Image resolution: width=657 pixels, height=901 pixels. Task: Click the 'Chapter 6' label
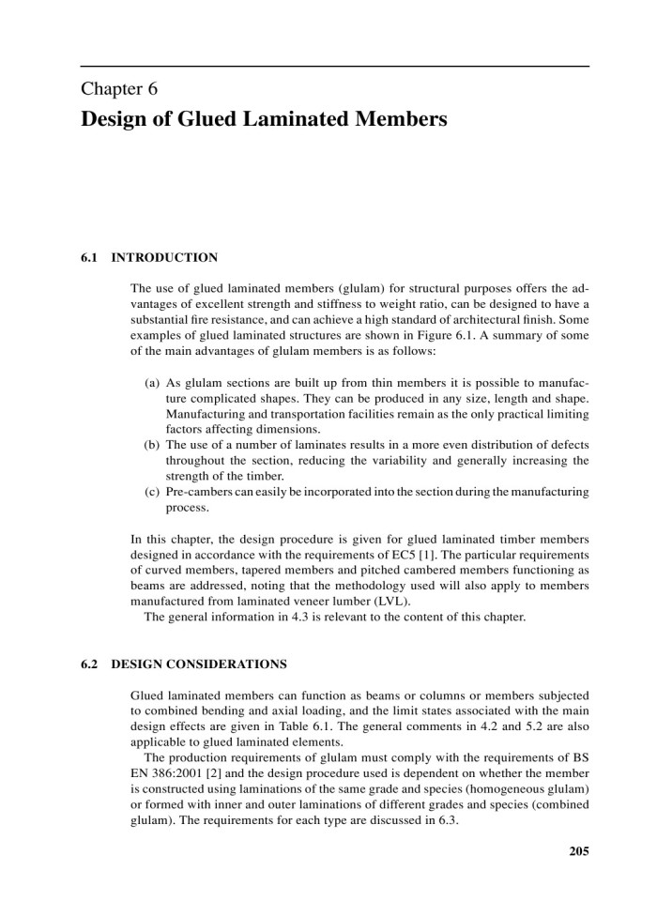(x=118, y=90)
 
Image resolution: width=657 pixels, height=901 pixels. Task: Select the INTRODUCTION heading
(x=164, y=256)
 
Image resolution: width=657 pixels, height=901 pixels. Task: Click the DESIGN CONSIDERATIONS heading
(x=198, y=664)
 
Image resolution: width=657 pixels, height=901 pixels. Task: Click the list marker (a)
(x=151, y=385)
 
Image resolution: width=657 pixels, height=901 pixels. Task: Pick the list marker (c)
(x=151, y=491)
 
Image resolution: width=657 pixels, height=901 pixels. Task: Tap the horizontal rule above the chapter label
(x=335, y=67)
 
